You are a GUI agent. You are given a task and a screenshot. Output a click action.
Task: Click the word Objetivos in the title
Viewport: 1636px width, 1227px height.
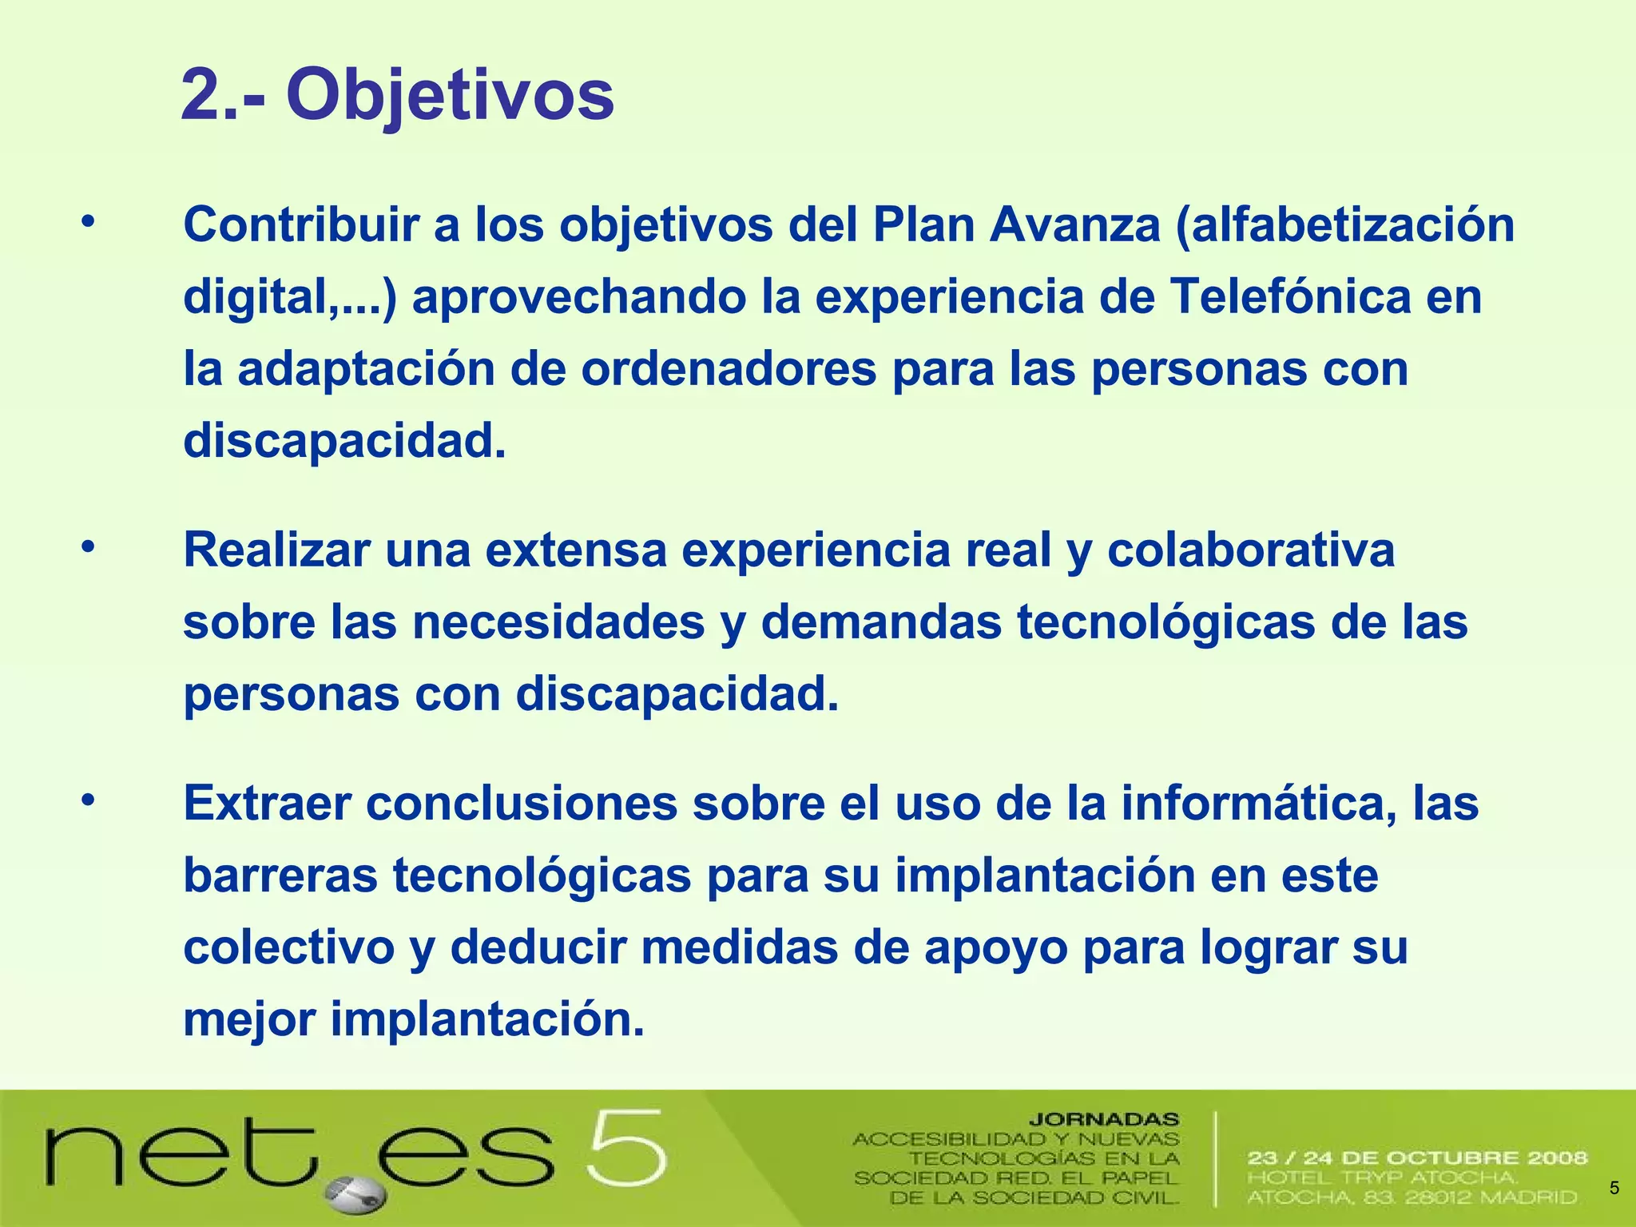point(450,96)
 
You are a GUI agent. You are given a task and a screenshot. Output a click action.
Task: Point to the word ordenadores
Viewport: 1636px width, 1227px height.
point(729,369)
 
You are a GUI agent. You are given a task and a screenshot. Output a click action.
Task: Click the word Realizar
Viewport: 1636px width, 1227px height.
point(277,550)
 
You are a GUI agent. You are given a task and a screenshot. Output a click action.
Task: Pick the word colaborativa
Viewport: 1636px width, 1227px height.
point(1251,550)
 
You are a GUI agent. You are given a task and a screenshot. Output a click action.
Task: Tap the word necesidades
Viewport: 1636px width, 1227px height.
point(558,622)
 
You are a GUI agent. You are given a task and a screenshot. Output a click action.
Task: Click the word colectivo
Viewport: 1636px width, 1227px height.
point(289,948)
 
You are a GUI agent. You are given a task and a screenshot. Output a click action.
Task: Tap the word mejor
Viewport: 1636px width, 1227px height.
point(249,1020)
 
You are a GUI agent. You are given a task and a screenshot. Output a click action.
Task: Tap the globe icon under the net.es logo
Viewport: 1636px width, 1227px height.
point(356,1194)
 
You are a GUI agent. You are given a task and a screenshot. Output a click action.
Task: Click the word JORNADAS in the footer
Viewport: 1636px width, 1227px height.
point(1103,1119)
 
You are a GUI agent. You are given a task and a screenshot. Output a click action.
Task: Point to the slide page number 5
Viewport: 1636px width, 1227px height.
point(1614,1188)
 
